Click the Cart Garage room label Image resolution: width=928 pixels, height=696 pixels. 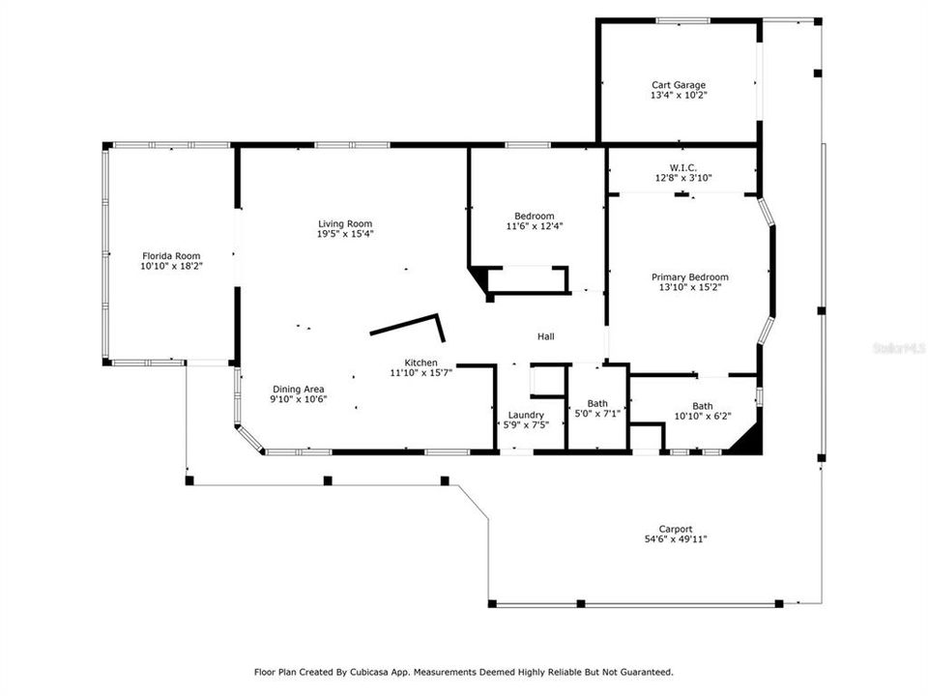tap(677, 85)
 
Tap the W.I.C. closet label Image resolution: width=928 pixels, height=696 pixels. tap(676, 167)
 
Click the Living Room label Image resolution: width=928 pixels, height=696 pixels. tap(345, 224)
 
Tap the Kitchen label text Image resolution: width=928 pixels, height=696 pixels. tap(420, 362)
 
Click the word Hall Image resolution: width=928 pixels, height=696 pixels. tap(546, 336)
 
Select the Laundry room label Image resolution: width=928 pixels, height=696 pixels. tap(526, 415)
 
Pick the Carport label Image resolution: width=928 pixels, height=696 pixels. tap(676, 529)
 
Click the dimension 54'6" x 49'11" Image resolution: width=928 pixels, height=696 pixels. tap(676, 539)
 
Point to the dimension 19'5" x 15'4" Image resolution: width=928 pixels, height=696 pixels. tap(345, 235)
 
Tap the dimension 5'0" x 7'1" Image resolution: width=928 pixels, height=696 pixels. tap(597, 415)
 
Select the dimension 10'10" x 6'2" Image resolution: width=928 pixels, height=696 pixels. tap(702, 417)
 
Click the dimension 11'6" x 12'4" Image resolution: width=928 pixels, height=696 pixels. tap(535, 226)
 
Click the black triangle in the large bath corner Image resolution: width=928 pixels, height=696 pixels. tap(748, 440)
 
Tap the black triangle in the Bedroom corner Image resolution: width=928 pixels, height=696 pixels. tap(479, 281)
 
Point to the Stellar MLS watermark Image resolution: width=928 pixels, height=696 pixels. tap(898, 345)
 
